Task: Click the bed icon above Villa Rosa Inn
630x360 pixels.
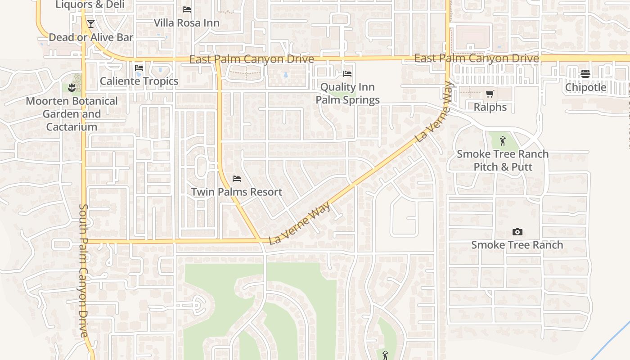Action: [187, 9]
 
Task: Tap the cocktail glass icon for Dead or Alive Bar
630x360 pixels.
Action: [91, 23]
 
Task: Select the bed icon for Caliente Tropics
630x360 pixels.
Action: [139, 68]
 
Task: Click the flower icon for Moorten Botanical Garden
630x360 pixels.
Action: [72, 87]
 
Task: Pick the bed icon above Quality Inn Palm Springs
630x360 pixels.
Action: [347, 73]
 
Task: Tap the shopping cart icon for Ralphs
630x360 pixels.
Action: [490, 94]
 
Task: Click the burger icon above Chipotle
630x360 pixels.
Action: [585, 73]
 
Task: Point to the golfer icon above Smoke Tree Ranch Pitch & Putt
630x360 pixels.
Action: [503, 141]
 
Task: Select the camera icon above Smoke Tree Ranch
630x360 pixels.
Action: [517, 232]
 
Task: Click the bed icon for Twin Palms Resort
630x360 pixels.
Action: [237, 179]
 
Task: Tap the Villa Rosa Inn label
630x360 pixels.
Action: [187, 22]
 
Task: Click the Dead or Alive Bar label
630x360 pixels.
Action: [91, 37]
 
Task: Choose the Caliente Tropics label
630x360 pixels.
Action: [139, 81]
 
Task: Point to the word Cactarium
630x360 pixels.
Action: [72, 127]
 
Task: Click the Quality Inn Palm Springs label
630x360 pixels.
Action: [347, 94]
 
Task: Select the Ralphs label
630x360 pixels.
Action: [490, 107]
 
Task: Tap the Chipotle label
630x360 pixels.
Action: [585, 87]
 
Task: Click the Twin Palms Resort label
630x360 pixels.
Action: [237, 192]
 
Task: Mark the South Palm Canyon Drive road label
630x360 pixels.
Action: [85, 270]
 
